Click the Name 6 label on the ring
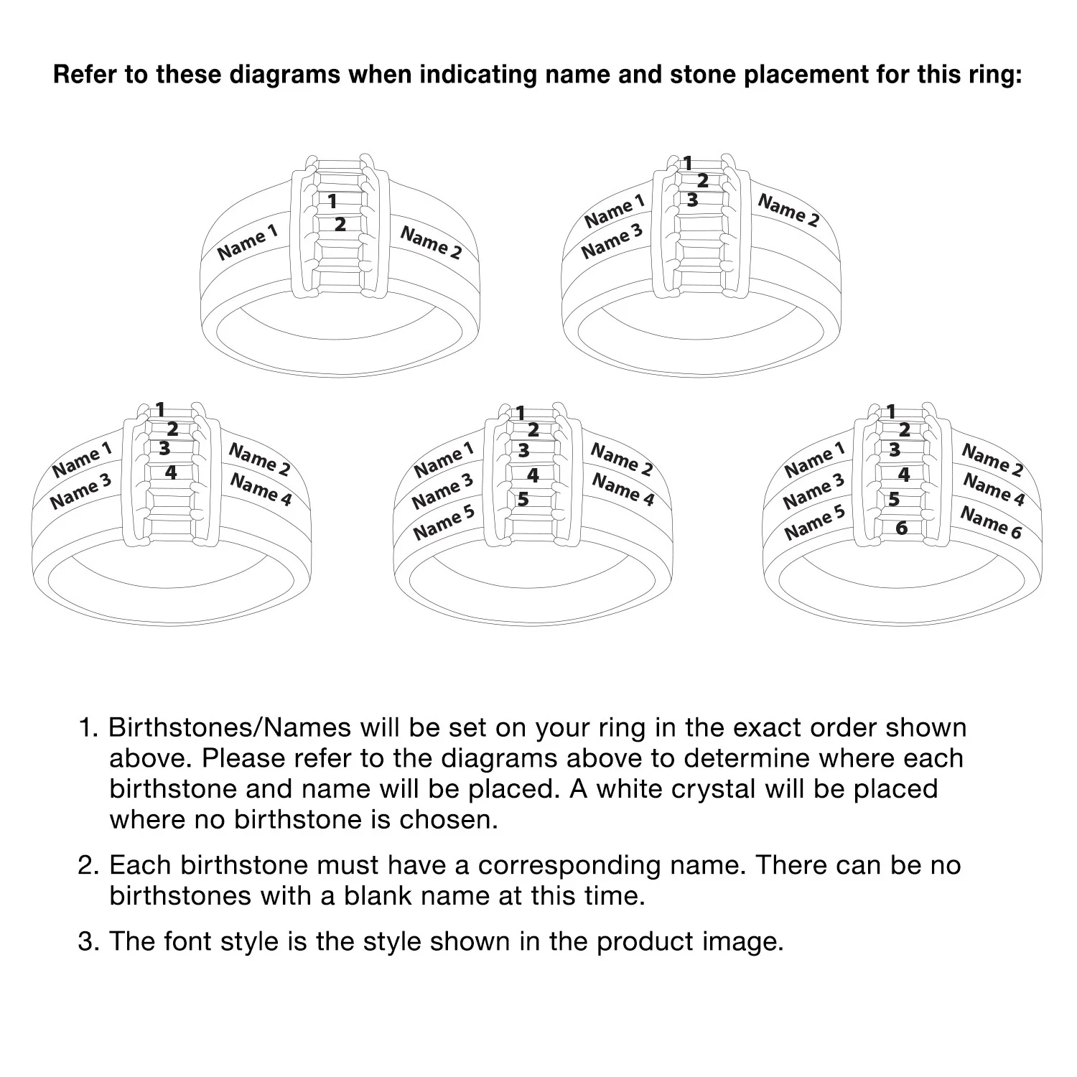click(991, 522)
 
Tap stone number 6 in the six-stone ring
click(902, 528)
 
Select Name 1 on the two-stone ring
click(247, 242)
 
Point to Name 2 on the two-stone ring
click(431, 242)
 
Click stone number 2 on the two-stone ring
click(340, 224)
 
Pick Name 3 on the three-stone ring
click(612, 241)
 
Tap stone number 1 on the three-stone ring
click(687, 164)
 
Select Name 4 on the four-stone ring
click(261, 490)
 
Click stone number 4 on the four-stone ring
click(171, 472)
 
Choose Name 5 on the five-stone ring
click(444, 522)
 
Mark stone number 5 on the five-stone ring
click(523, 498)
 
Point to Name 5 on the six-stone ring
click(814, 522)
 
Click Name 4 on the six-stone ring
click(994, 489)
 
